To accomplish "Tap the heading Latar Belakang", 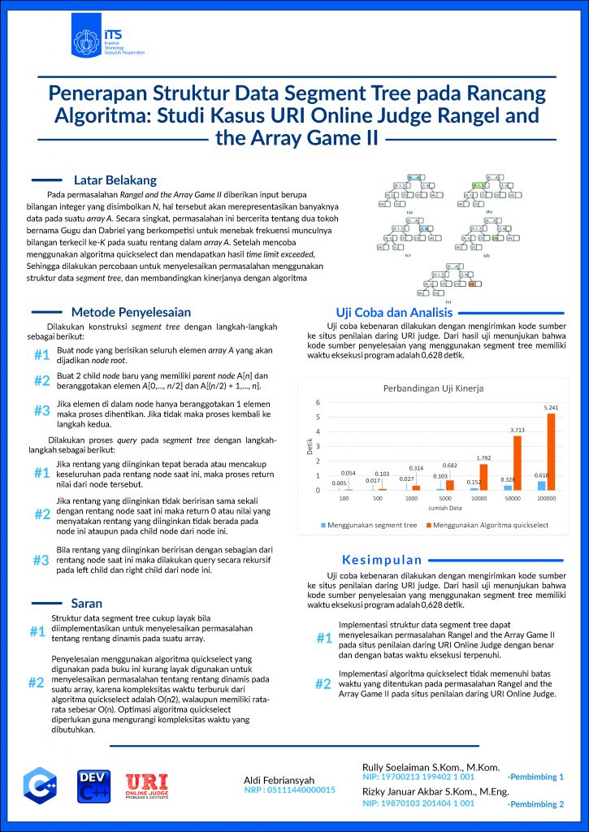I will [x=115, y=180].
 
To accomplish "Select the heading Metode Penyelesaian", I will [x=131, y=311].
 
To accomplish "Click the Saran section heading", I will [x=87, y=604].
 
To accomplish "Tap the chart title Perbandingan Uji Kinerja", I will [x=433, y=388].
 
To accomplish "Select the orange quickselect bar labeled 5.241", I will [x=551, y=452].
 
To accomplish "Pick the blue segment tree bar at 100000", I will [x=542, y=485].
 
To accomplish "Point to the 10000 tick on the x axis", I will [x=478, y=498].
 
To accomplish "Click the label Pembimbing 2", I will [x=534, y=804].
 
